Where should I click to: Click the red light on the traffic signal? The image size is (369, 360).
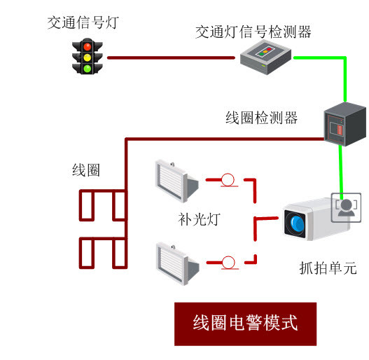pyautogui.click(x=88, y=46)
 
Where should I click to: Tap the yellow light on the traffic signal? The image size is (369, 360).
pyautogui.click(x=88, y=57)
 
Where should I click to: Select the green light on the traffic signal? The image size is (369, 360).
pyautogui.click(x=88, y=69)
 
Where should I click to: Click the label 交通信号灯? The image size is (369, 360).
pyautogui.click(x=83, y=22)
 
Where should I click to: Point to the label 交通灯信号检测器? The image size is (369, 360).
pyautogui.click(x=253, y=32)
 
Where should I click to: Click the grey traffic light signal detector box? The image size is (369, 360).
pyautogui.click(x=265, y=57)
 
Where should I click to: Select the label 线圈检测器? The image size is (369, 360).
pyautogui.click(x=261, y=118)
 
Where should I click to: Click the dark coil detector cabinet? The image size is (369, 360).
pyautogui.click(x=344, y=124)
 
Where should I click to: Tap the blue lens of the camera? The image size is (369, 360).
pyautogui.click(x=297, y=223)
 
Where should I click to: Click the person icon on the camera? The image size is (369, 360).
pyautogui.click(x=346, y=207)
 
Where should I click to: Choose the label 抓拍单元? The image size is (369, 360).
pyautogui.click(x=328, y=268)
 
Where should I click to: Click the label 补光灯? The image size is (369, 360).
pyautogui.click(x=200, y=219)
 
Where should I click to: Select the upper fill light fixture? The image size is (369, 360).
pyautogui.click(x=176, y=181)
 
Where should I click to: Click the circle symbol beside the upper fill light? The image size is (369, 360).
pyautogui.click(x=228, y=179)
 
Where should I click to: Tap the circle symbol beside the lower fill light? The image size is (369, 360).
pyautogui.click(x=228, y=262)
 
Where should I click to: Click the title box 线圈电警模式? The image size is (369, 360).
pyautogui.click(x=245, y=324)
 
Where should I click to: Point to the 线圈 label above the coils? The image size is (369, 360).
pyautogui.click(x=86, y=170)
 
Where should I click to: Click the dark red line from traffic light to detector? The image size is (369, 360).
pyautogui.click(x=171, y=57)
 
